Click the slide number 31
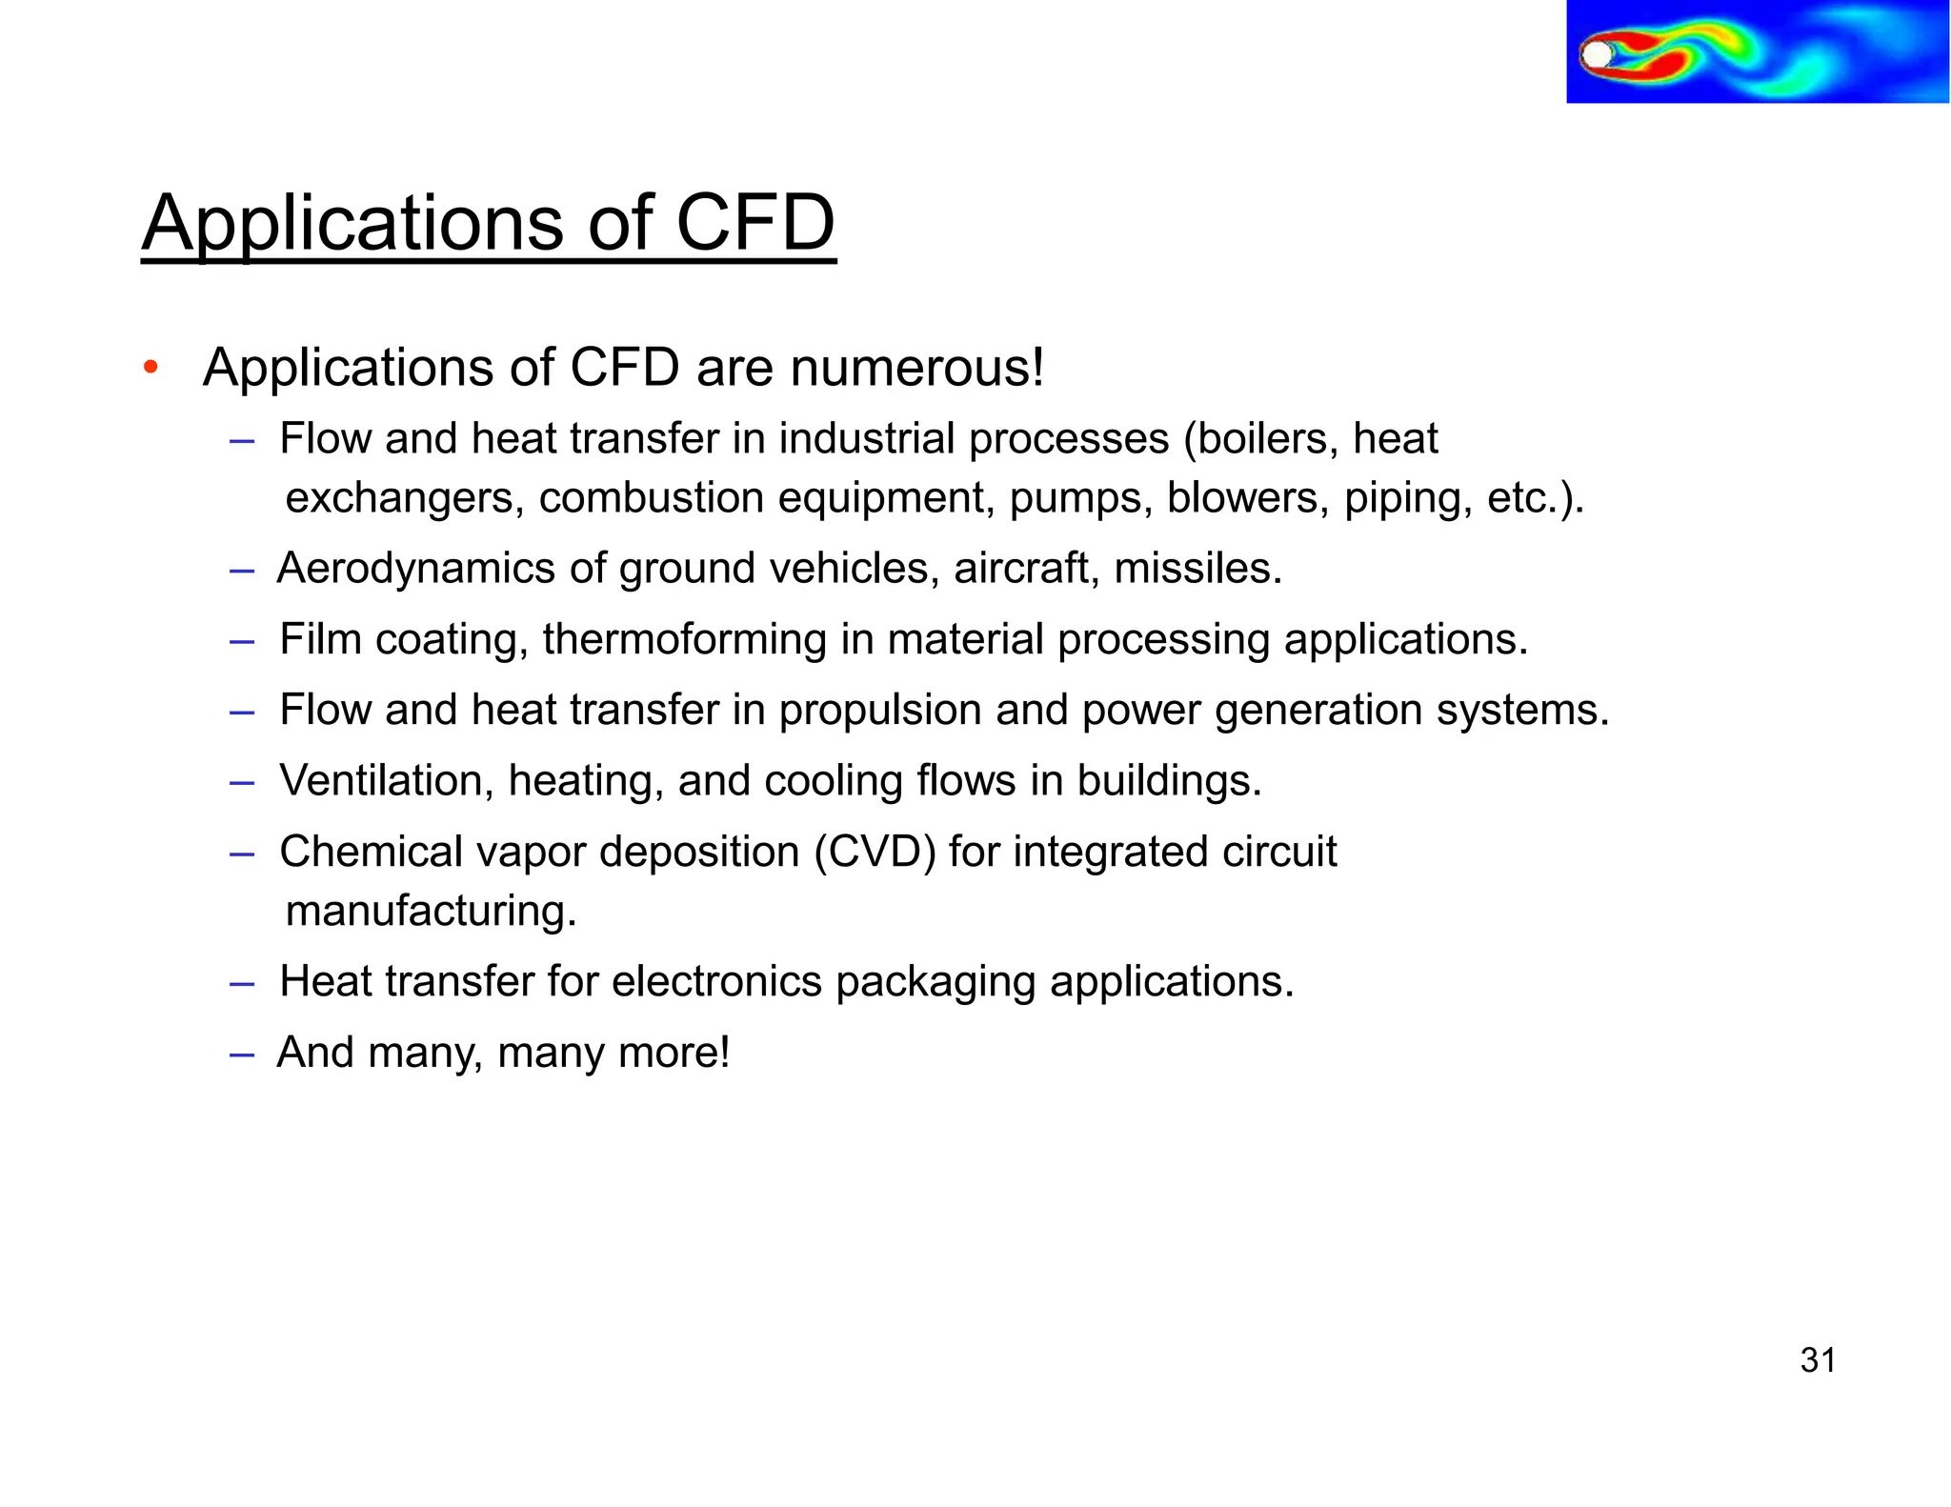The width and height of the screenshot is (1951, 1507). point(1818,1360)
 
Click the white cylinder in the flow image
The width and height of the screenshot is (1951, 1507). point(1596,55)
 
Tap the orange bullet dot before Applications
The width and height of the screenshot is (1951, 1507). point(150,368)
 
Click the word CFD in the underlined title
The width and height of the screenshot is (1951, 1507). point(754,223)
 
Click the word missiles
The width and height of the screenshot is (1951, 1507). point(1197,569)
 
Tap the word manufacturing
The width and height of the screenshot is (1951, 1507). point(431,912)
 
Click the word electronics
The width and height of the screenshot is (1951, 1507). point(716,981)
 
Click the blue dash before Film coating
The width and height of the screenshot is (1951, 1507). point(242,641)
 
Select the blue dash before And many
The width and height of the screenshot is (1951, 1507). point(242,1055)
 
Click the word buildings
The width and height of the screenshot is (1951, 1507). point(1169,781)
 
